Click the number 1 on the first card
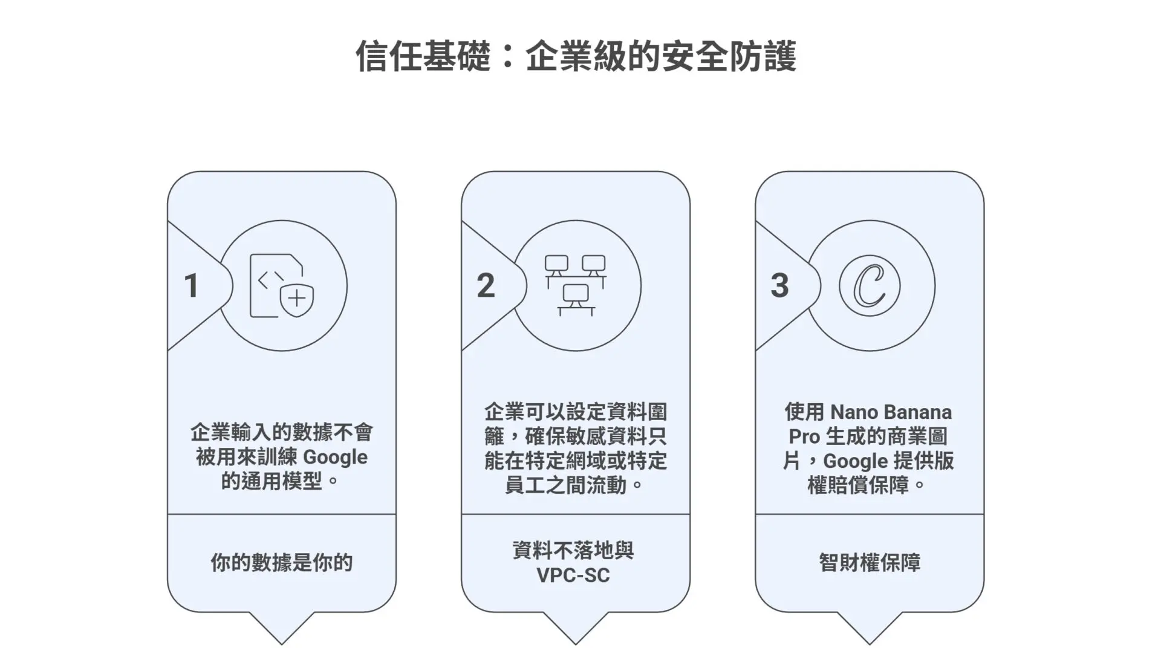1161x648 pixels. tap(192, 285)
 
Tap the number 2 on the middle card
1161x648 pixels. tap(486, 285)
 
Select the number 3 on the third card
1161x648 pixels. tap(780, 285)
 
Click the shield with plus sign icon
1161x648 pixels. tap(297, 298)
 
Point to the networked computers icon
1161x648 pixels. tap(575, 285)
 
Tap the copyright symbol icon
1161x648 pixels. tap(870, 286)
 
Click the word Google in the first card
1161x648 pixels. tap(335, 458)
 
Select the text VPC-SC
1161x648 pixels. tap(573, 575)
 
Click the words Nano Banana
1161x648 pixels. tap(891, 412)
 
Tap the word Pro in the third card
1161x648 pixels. tap(804, 436)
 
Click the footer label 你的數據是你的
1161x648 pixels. tap(281, 563)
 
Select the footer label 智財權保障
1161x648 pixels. tap(870, 563)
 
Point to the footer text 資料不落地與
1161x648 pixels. tap(573, 551)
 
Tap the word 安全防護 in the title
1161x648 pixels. tap(729, 56)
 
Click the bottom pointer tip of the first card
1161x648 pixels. tap(281, 644)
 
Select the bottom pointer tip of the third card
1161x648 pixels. tap(870, 644)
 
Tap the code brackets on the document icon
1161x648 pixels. tap(270, 279)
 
